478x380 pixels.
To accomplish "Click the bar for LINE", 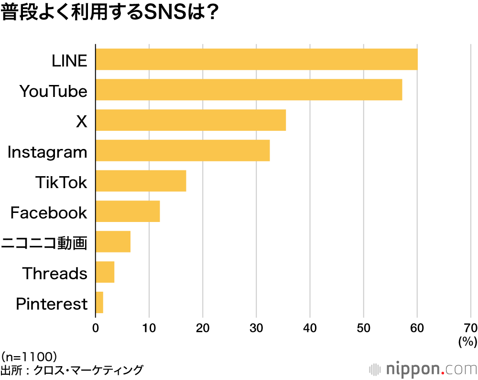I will pyautogui.click(x=257, y=60).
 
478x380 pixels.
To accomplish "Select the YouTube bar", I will pyautogui.click(x=249, y=90).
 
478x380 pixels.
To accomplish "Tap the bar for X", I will pyautogui.click(x=191, y=120).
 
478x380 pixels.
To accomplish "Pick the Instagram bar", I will pyautogui.click(x=183, y=151).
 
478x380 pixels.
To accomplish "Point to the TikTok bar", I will pyautogui.click(x=141, y=181).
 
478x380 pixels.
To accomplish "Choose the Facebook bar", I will pyautogui.click(x=128, y=211).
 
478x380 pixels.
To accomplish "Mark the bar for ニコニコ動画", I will pyautogui.click(x=113, y=242).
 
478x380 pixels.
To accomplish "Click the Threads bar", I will pyautogui.click(x=105, y=272).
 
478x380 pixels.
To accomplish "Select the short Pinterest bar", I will pyautogui.click(x=99, y=303).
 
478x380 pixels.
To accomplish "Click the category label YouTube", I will pyautogui.click(x=54, y=91).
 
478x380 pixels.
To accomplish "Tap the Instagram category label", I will pyautogui.click(x=47, y=152).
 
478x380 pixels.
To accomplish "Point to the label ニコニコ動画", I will pyautogui.click(x=44, y=243).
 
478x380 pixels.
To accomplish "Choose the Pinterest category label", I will pyautogui.click(x=52, y=304).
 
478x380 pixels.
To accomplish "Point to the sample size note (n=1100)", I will pyautogui.click(x=29, y=356).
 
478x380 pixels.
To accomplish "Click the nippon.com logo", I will pyautogui.click(x=424, y=369).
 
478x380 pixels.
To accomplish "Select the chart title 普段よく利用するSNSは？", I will pyautogui.click(x=110, y=13).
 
